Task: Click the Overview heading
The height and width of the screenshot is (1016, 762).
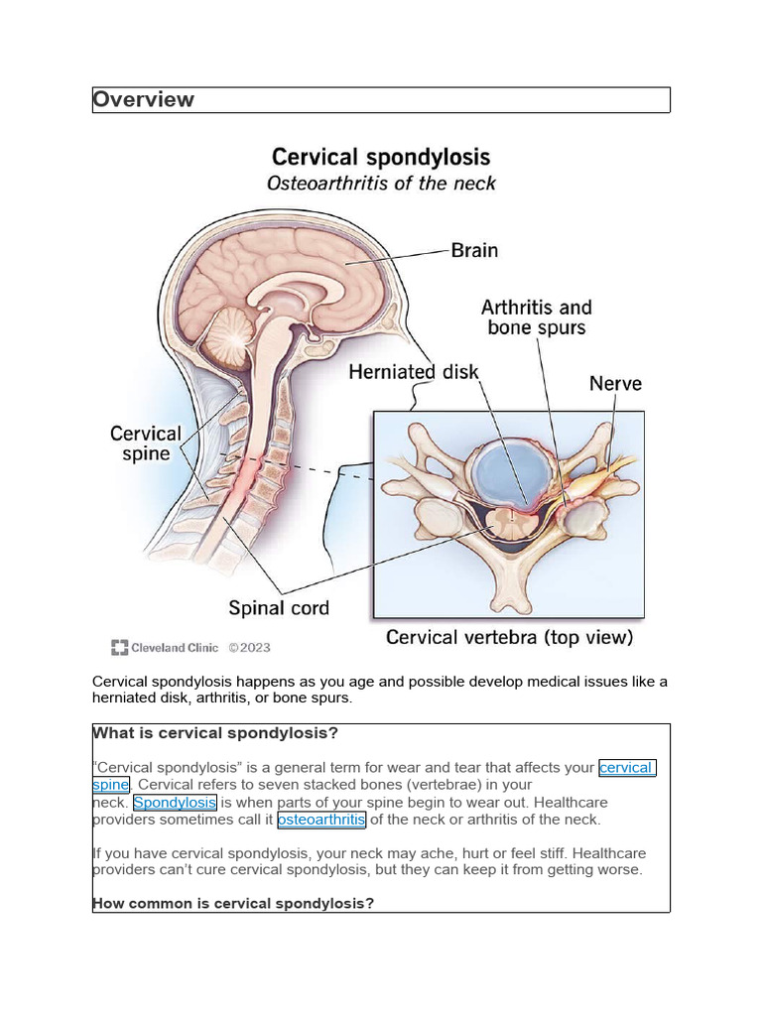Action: (143, 99)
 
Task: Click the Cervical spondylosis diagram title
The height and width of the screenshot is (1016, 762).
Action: (381, 157)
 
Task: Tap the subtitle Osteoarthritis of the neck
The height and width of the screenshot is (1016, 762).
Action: (381, 184)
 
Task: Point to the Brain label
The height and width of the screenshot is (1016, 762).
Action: (474, 250)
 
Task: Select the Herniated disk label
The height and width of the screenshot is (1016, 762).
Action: (413, 373)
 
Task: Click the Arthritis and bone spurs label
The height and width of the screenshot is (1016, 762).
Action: (537, 317)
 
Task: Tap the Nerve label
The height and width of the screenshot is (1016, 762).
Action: (615, 383)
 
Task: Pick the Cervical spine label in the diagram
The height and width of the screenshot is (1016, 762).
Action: (146, 444)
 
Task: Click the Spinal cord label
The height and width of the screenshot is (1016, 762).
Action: (279, 607)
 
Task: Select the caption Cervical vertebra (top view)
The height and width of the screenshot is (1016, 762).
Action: (509, 637)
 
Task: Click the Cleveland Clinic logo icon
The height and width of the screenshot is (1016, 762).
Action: (119, 648)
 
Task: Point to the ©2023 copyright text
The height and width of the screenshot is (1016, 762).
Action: (249, 648)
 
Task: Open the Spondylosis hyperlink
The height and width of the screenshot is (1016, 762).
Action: (175, 802)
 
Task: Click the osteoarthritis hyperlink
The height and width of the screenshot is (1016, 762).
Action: (321, 820)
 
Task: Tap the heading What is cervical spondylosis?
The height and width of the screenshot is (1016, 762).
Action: (215, 733)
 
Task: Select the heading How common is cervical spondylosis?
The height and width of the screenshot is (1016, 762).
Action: (232, 903)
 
